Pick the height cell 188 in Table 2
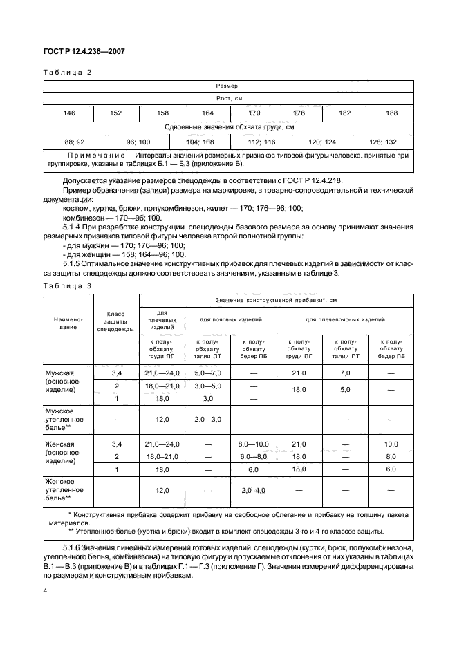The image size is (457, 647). pyautogui.click(x=391, y=113)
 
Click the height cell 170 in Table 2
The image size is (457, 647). pyautogui.click(x=253, y=113)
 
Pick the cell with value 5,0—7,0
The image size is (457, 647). pyautogui.click(x=207, y=373)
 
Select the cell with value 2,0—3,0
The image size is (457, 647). pyautogui.click(x=207, y=419)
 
